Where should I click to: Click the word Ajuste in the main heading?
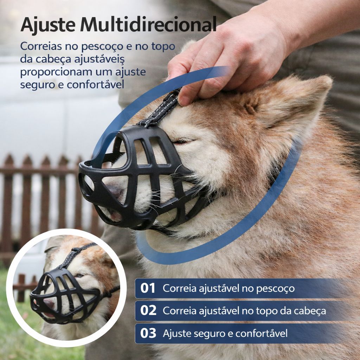(48, 25)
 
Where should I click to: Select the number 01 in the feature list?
(148, 288)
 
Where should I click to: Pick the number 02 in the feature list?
(148, 311)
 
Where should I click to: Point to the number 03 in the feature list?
(148, 333)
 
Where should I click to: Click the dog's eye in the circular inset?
(79, 275)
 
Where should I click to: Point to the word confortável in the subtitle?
(96, 84)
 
